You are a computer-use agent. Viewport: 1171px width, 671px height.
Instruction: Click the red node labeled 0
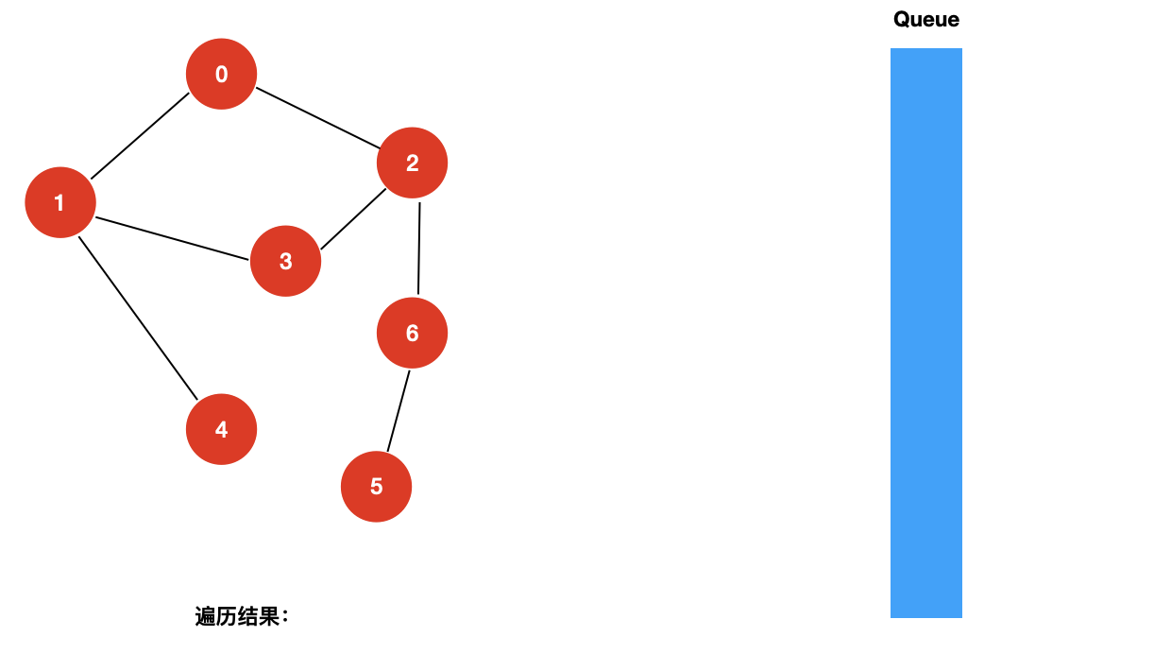point(222,74)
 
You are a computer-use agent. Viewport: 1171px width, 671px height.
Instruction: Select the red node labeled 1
point(60,202)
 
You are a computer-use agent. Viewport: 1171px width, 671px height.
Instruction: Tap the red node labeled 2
point(412,163)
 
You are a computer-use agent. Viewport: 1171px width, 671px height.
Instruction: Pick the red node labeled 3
point(285,261)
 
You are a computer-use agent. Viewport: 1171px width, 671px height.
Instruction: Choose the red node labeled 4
point(221,429)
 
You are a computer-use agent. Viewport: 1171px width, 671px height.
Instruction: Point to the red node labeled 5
point(376,487)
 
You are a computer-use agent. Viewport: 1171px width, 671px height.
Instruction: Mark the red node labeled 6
point(412,333)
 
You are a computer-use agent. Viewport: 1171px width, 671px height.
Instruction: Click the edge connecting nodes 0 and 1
point(140,136)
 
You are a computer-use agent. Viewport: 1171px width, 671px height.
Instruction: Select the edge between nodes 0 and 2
point(317,118)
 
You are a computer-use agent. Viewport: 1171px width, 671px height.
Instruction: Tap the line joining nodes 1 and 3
point(172,237)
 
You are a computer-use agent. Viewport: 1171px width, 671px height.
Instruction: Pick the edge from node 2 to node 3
point(353,219)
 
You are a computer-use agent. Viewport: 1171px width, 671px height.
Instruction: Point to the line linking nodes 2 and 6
point(419,248)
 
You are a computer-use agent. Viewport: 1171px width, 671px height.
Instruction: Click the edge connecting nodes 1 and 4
point(138,318)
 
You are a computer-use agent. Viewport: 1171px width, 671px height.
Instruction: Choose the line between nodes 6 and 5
point(399,410)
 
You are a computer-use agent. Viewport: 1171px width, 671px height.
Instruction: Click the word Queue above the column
point(926,19)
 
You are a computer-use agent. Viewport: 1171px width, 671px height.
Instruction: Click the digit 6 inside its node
point(412,333)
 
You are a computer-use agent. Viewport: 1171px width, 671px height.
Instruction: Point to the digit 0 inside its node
point(222,74)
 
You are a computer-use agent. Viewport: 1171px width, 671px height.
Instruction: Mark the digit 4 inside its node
point(221,429)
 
